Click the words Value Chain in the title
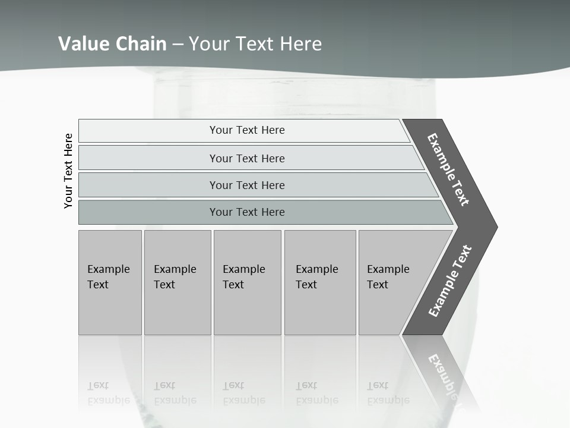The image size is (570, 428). coord(112,43)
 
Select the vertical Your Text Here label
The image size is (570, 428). coord(68,171)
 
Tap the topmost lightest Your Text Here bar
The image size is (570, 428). coord(246,130)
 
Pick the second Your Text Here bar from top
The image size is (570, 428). coord(246,158)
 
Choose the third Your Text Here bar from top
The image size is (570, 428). coord(246,185)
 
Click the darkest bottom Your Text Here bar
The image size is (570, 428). coord(246,212)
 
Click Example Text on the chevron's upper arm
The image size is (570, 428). coord(448,169)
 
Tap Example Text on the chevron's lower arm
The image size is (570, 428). coord(449,281)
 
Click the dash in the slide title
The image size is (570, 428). coord(178,44)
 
